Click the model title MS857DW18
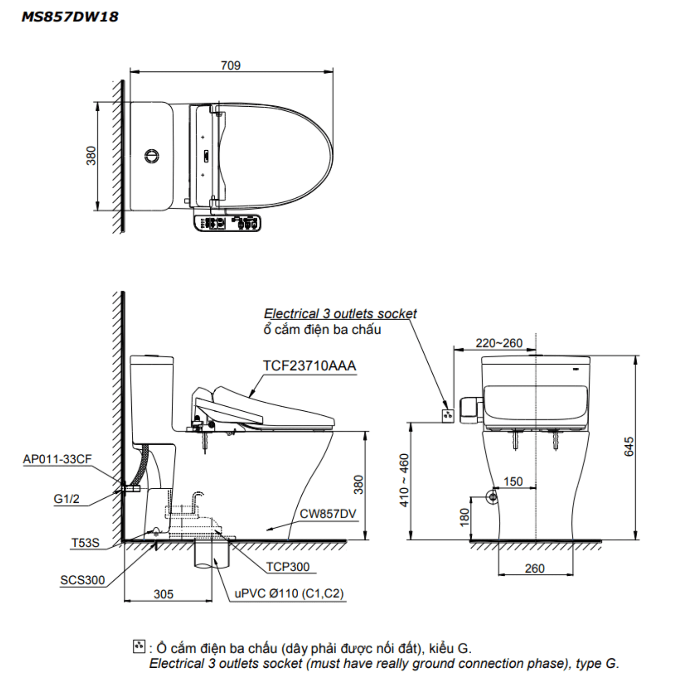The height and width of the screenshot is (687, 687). pos(70,17)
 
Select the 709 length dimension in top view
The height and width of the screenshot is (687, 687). pos(230,65)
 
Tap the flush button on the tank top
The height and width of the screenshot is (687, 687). pos(152,156)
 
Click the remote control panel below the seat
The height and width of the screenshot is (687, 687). pos(227,223)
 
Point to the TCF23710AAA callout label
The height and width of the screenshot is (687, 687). pos(309,366)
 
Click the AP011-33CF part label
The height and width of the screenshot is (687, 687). pos(57,459)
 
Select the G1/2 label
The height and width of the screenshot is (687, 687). pos(66,499)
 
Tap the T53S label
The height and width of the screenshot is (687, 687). pos(85,543)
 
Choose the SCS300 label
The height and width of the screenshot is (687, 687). pos(82,580)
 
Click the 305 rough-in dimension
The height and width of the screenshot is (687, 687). pos(164,594)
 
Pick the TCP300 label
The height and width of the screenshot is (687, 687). pos(288,567)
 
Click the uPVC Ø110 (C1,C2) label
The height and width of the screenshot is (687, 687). pos(289,594)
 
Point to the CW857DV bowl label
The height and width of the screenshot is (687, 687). pos(327,514)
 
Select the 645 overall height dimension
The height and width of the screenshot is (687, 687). pos(629,447)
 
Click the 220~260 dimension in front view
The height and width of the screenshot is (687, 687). pos(499,343)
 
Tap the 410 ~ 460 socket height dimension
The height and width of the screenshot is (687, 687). pos(404,480)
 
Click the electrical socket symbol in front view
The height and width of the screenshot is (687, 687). pos(447,416)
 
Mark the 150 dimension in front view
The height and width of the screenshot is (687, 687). pos(513,481)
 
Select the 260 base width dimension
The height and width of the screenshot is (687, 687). pos(534,568)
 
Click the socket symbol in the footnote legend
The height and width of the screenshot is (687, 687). pos(138,646)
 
